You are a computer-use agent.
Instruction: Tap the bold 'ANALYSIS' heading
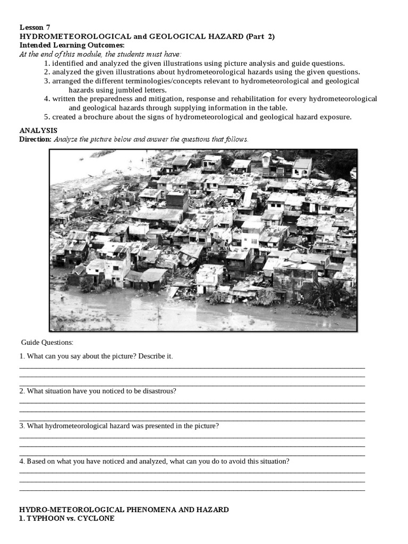[x=38, y=130]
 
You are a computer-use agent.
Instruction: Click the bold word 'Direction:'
[x=35, y=139]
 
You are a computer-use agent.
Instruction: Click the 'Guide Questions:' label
[x=47, y=343]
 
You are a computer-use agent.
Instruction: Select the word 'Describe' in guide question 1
[x=151, y=356]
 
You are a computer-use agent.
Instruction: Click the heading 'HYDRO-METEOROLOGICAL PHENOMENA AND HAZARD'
[x=124, y=509]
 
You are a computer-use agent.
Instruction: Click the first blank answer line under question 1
[x=192, y=367]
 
